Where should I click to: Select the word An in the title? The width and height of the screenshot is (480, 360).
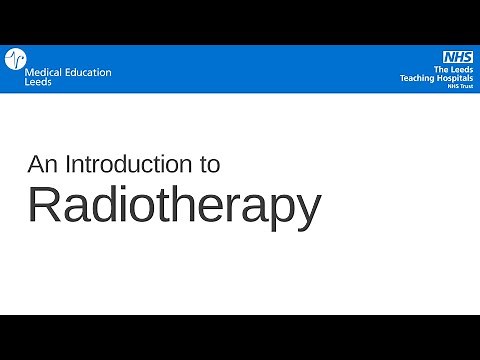[41, 164]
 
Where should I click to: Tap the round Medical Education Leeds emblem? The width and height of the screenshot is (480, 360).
[13, 61]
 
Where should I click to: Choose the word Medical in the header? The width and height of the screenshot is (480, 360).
[42, 72]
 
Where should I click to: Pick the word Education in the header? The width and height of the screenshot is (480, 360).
[87, 72]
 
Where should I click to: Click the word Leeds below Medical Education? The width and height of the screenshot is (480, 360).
[38, 82]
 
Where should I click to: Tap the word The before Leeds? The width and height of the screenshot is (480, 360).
[437, 69]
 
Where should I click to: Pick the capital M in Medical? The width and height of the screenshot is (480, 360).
[27, 72]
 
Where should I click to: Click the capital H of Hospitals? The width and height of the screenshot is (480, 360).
[436, 78]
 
